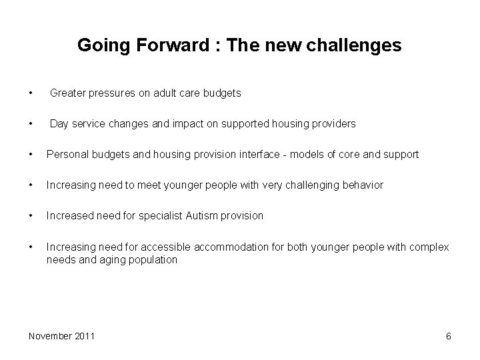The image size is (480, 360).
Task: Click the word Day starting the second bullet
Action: (x=59, y=124)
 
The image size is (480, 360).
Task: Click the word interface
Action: (x=260, y=155)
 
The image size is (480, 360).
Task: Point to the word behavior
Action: (x=362, y=185)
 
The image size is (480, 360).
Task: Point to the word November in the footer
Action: (x=50, y=336)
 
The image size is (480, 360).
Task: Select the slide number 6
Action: (x=448, y=336)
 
